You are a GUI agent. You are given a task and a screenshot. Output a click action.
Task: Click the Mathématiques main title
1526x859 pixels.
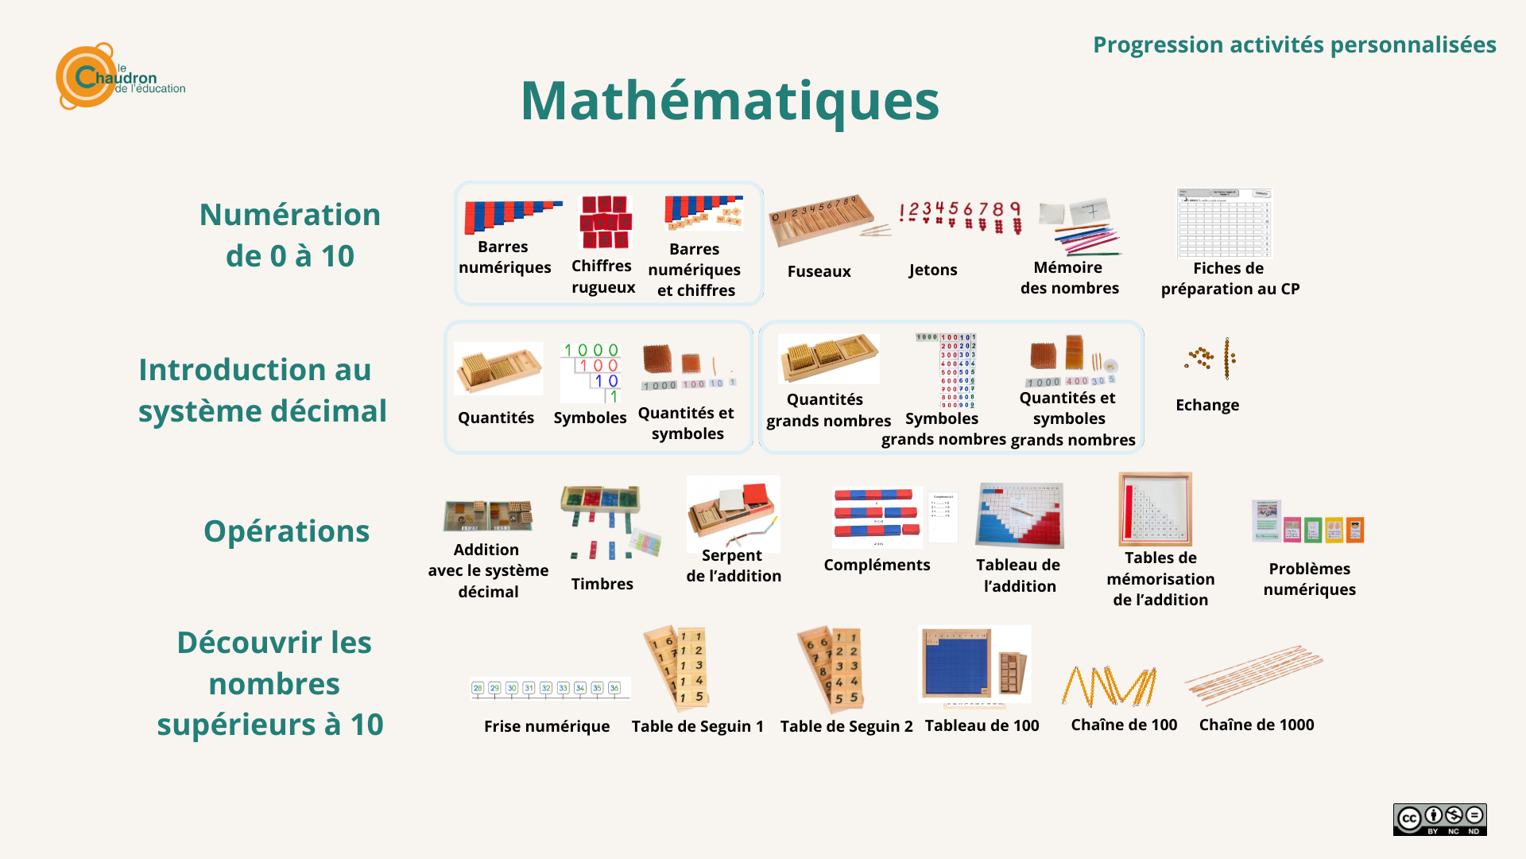(730, 102)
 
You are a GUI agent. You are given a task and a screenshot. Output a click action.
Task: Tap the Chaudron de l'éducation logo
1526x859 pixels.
(119, 76)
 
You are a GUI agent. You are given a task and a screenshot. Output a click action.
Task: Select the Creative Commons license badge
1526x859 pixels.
(1439, 819)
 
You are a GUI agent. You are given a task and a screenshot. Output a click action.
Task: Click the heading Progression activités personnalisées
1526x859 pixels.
(1294, 45)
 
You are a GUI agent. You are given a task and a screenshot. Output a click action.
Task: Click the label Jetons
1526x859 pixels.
(933, 270)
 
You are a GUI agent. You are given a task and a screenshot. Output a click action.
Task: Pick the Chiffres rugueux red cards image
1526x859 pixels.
(604, 222)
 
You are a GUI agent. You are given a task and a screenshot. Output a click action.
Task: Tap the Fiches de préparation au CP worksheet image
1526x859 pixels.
(1224, 223)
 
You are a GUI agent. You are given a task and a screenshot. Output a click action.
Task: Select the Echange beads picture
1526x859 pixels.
(1210, 359)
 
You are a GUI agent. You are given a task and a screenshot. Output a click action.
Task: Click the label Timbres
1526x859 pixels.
(602, 584)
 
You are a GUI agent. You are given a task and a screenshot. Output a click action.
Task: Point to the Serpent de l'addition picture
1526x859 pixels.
(733, 512)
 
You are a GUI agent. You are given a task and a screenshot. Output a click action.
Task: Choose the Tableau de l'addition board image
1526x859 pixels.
(1019, 515)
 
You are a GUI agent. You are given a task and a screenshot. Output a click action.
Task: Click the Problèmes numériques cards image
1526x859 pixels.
(1307, 522)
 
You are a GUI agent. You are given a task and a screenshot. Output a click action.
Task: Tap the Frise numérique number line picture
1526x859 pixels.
(549, 689)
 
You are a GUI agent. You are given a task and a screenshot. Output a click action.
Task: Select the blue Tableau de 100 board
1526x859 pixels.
(957, 666)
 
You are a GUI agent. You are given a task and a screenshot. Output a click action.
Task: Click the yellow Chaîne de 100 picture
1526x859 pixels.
(1110, 686)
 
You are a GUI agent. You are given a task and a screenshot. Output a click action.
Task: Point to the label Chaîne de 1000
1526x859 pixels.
(1256, 725)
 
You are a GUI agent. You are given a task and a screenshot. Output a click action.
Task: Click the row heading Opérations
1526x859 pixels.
(286, 531)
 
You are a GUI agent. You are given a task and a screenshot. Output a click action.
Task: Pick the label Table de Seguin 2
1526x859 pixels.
(846, 726)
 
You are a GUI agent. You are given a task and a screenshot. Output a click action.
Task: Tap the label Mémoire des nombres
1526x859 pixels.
(1069, 278)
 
